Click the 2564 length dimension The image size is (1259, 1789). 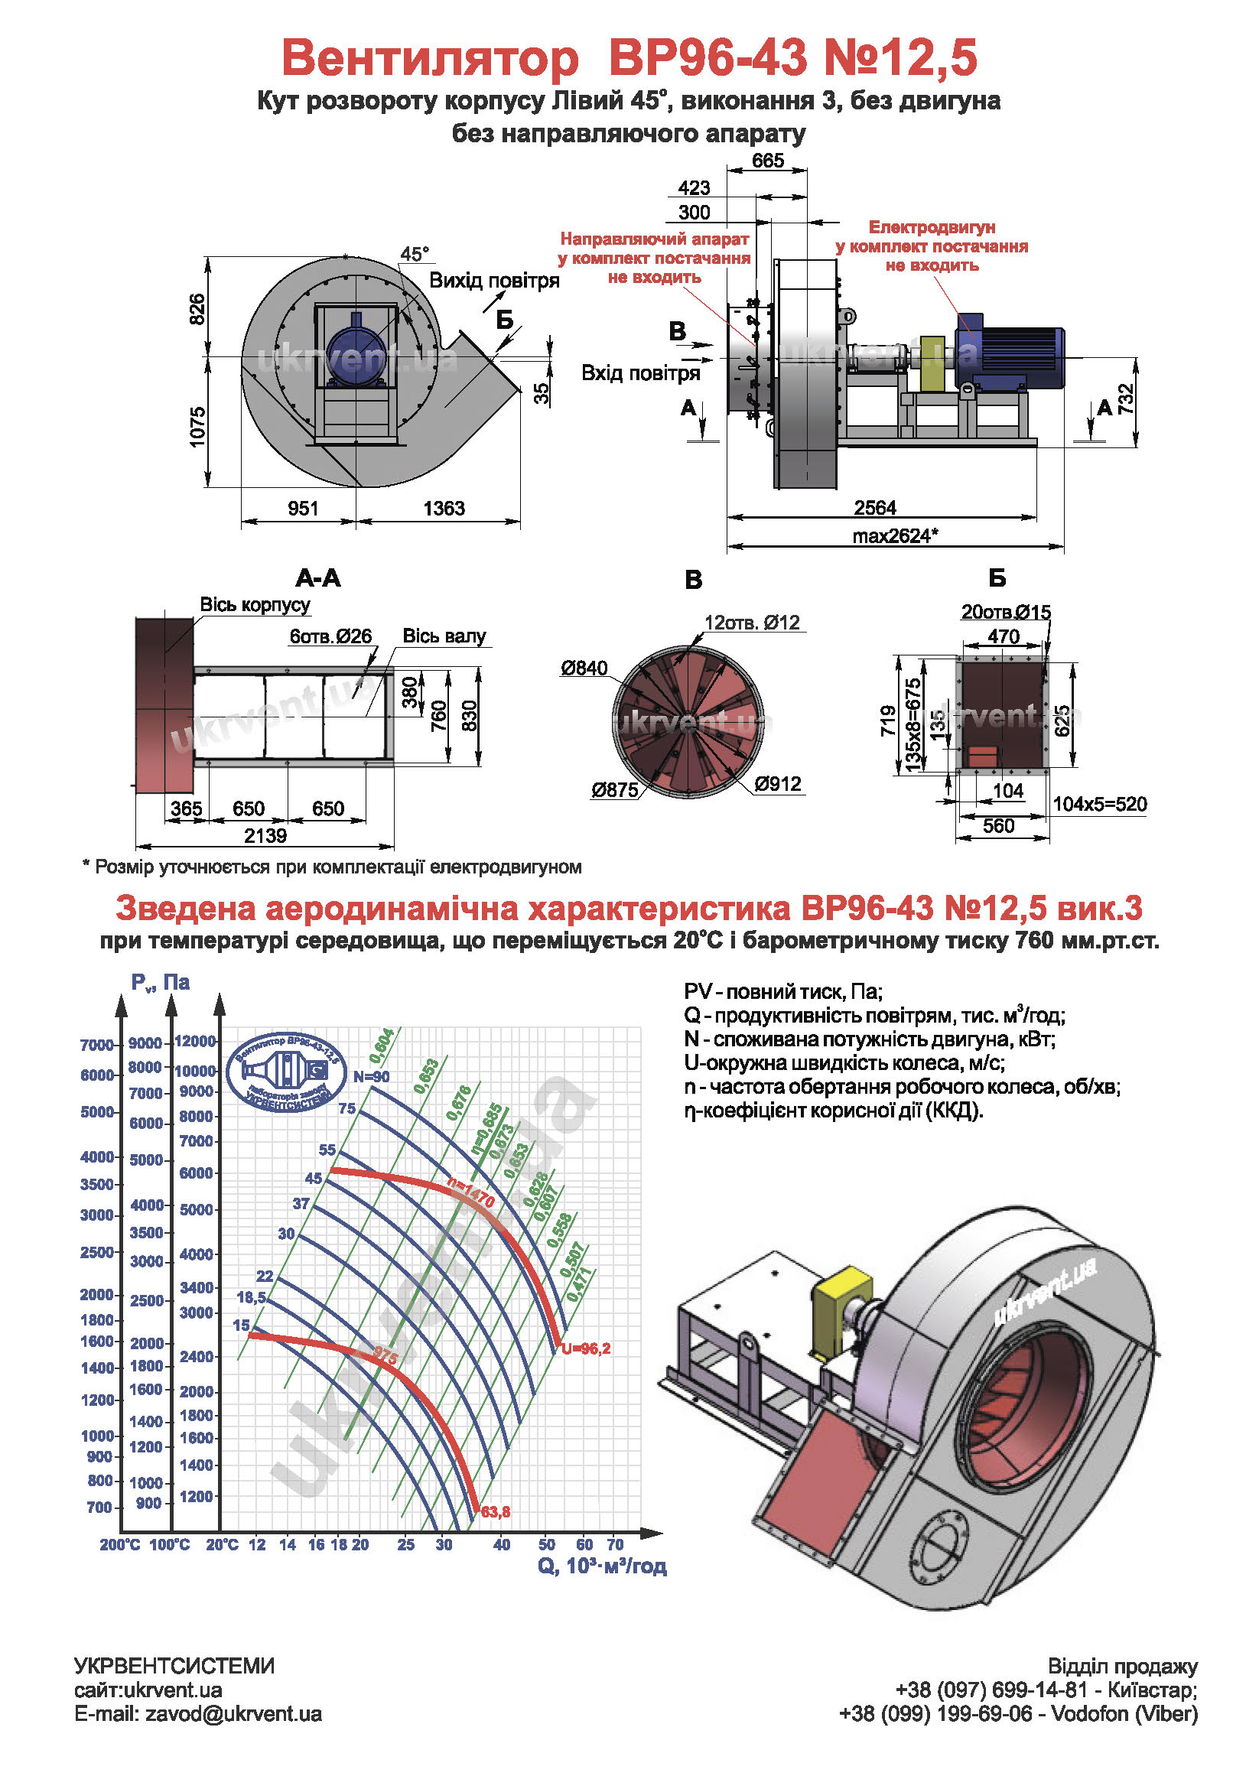point(875,508)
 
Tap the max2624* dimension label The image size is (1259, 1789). point(895,536)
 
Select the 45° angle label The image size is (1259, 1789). point(415,254)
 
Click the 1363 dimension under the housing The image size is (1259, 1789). point(444,509)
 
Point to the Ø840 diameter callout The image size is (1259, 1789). point(584,668)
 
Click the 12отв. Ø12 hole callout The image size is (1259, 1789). point(752,623)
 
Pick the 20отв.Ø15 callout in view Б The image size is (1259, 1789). point(1006,612)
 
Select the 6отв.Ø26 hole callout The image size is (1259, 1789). point(330,636)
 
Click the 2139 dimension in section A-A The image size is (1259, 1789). point(265,836)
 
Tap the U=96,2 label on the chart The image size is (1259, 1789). point(586,1348)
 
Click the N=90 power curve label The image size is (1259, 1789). point(372,1077)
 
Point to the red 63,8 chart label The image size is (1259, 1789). point(496,1511)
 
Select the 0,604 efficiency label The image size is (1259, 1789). point(381,1046)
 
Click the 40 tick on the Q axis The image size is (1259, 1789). point(502,1544)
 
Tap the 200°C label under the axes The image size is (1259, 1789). point(119,1544)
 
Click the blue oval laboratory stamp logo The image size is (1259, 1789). point(287,1071)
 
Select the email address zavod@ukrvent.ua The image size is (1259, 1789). point(233,1714)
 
